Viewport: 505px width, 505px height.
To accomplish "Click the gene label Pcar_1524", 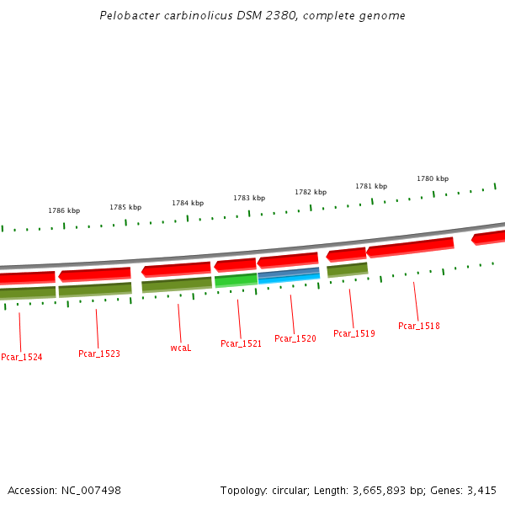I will coord(22,357).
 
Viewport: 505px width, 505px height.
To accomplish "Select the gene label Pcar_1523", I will coord(99,353).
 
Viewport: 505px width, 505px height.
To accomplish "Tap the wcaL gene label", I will coord(181,348).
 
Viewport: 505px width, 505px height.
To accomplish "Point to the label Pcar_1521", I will coord(242,343).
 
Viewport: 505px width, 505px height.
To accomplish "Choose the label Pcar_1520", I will coord(295,338).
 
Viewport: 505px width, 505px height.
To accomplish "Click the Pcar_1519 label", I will coord(354,333).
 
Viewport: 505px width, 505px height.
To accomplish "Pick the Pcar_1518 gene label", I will coord(419,326).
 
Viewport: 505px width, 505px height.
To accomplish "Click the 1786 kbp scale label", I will coord(64,210).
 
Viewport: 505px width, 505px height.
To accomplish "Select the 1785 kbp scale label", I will coord(125,207).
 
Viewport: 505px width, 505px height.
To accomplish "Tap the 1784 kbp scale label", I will coord(188,203).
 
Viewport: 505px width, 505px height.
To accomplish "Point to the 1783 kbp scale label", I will coord(249,198).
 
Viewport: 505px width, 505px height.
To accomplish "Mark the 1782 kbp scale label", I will coord(311,192).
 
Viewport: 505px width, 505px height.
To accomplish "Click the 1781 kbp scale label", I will coord(371,186).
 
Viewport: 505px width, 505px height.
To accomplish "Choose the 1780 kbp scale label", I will coord(433,178).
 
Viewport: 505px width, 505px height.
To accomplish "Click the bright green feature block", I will coord(236,280).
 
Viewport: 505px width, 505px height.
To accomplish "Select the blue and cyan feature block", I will coord(289,274).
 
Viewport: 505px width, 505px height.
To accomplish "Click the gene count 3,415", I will coord(481,490).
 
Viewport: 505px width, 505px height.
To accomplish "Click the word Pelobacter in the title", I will coord(127,16).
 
